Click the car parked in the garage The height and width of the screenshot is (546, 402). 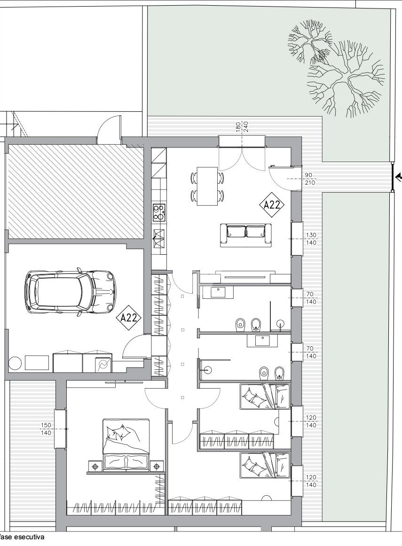point(70,291)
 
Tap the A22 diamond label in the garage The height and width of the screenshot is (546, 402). point(131,317)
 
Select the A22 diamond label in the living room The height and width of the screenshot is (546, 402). point(272,205)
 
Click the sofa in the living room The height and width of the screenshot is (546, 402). point(246,235)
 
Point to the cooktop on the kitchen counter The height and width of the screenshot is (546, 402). point(159,212)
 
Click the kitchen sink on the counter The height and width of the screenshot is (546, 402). point(159,238)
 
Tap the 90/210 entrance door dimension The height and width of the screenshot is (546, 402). point(310,179)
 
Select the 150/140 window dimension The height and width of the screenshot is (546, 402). point(46,429)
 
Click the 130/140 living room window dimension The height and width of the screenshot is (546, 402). point(311,239)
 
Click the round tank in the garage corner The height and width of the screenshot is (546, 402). point(15,363)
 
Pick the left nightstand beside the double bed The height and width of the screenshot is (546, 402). point(95,465)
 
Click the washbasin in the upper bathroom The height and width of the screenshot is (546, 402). point(218,291)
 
